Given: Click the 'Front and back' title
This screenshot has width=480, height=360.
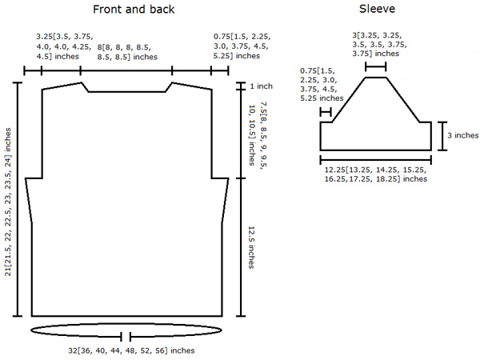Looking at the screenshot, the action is click(134, 9).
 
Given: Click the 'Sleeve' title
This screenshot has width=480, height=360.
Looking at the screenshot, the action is click(377, 9).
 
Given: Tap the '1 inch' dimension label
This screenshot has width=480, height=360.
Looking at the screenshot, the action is click(261, 86).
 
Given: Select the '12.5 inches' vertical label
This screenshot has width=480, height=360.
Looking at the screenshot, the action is click(251, 247).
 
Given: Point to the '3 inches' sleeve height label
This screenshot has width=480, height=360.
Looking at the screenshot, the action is click(463, 135).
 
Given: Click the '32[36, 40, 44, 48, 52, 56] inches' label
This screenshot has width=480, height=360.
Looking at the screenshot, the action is click(131, 350).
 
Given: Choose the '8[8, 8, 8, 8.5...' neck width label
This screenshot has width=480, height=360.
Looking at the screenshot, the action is click(127, 52).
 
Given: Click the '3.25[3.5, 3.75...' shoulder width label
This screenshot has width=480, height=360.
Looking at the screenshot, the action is click(65, 46).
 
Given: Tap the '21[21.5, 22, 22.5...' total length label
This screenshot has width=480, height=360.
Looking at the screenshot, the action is click(8, 202).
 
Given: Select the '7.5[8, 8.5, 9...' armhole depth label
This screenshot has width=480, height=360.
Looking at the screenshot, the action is click(258, 134).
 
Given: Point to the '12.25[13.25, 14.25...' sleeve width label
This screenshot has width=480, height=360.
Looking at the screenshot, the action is click(376, 174).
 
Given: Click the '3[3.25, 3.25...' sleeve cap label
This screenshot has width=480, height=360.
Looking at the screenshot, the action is click(379, 45).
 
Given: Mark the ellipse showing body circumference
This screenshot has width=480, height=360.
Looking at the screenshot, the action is click(126, 324).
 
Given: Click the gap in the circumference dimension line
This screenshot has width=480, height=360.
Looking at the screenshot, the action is click(126, 337).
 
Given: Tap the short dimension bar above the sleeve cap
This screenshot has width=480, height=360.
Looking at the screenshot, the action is click(376, 66).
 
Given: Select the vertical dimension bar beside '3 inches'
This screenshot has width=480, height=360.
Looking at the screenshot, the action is click(442, 136).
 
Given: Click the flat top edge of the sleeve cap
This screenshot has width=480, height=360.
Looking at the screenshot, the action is click(376, 78).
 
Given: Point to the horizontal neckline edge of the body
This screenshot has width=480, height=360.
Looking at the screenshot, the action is click(127, 91).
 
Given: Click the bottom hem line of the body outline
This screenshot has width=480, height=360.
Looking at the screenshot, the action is click(126, 316).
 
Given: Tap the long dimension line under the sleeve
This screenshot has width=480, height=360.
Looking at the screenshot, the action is click(376, 160).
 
